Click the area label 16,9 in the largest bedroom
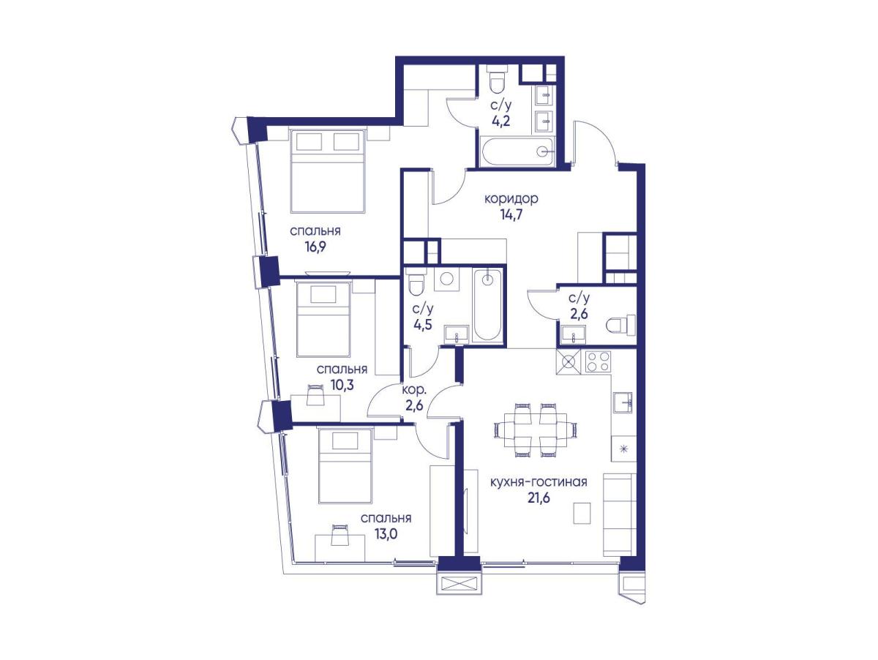click(x=315, y=247)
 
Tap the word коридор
click(x=511, y=199)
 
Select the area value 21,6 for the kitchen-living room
click(x=539, y=498)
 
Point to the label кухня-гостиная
click(x=539, y=482)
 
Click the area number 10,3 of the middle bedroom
click(x=342, y=384)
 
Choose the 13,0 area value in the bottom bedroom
click(x=385, y=533)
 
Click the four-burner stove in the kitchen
click(x=598, y=362)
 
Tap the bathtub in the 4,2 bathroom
click(x=517, y=151)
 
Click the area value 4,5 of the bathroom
click(x=423, y=323)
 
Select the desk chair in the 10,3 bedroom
click(x=315, y=395)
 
